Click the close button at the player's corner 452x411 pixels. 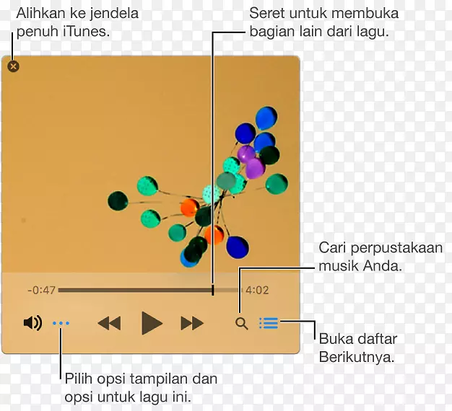coord(13,66)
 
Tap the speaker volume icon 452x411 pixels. coord(32,323)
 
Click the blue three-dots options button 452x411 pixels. coord(61,324)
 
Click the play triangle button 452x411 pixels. coord(151,323)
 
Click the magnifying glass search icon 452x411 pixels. coord(242,324)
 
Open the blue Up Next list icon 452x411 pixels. coord(269,323)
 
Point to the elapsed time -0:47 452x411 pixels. coord(41,291)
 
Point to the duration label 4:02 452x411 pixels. coord(257,291)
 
